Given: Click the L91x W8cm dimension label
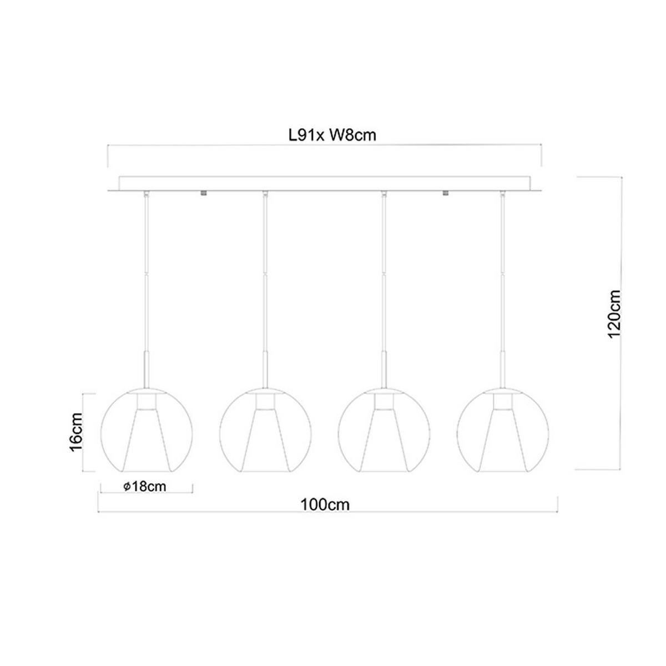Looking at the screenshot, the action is pos(332,135).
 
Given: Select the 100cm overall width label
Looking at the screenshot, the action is pos(325,505).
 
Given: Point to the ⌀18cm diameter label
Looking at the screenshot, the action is pos(145,487).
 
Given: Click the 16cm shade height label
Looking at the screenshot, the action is pos(76,432).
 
